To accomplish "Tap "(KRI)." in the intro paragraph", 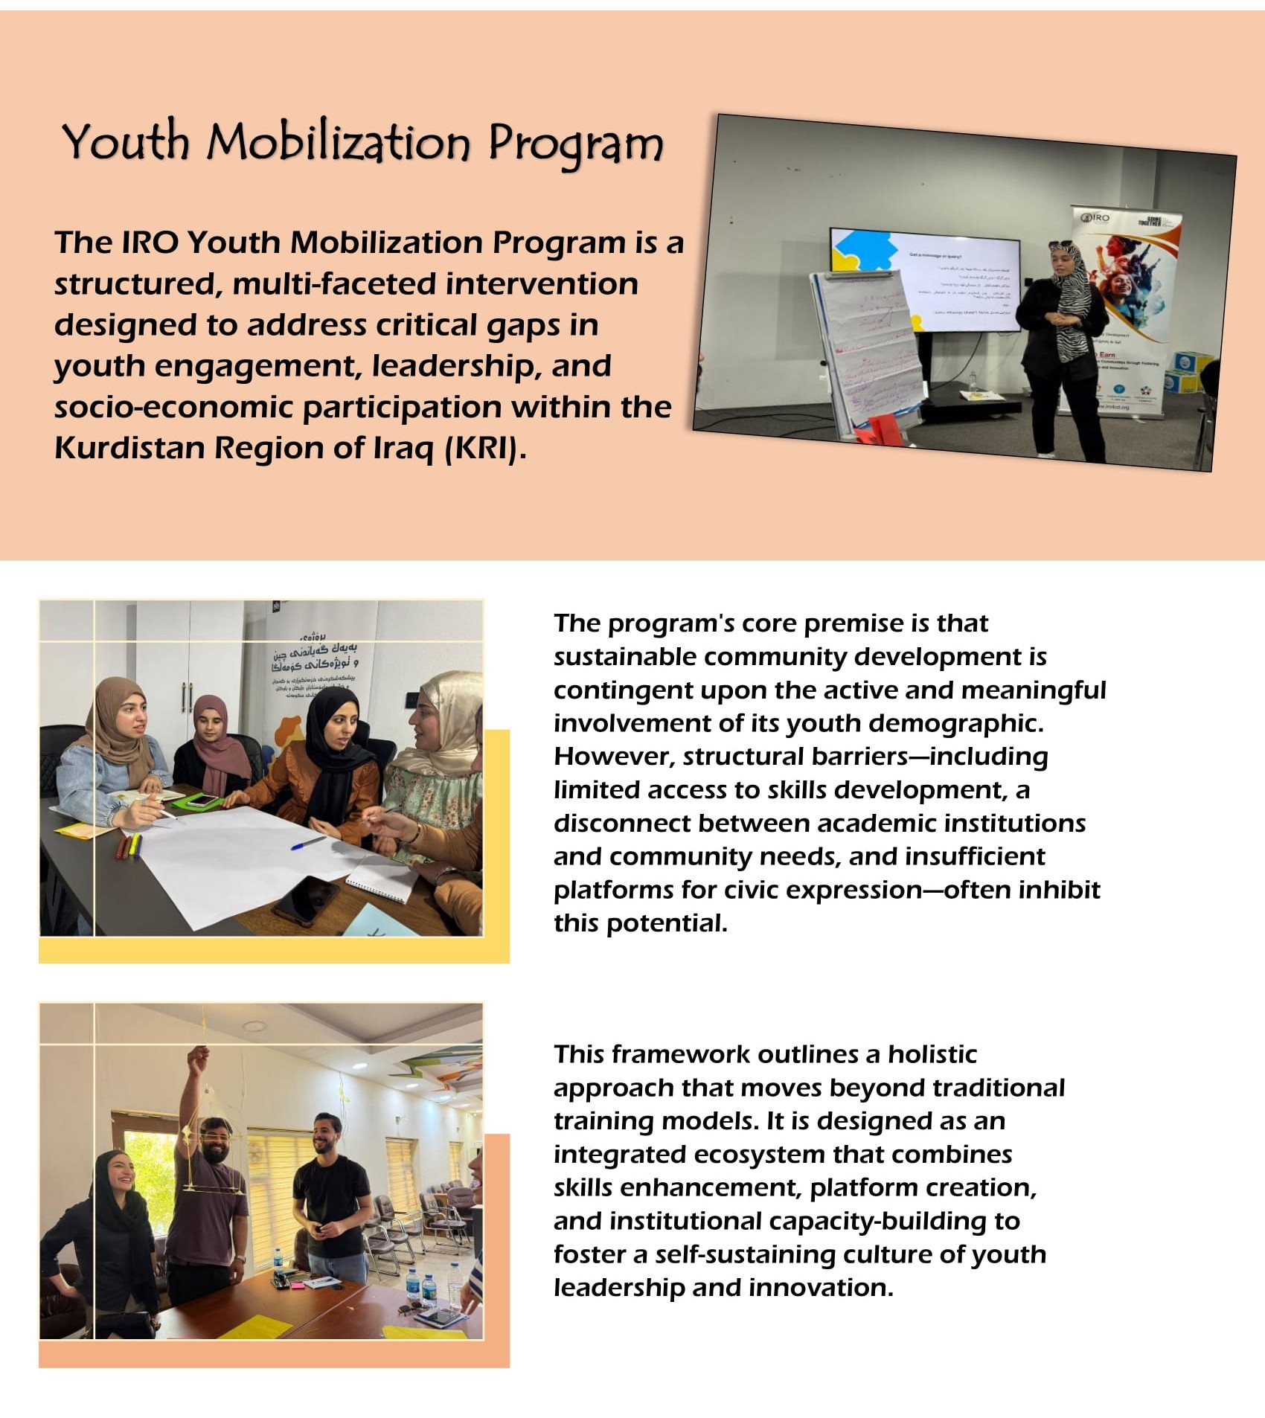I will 485,448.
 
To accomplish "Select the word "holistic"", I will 932,1054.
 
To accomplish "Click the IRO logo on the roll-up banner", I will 1096,218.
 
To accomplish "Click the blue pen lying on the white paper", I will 307,843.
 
